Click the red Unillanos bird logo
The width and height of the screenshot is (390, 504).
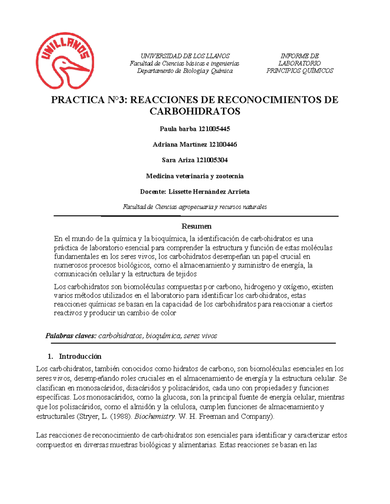click(65, 61)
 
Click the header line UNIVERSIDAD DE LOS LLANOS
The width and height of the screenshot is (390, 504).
click(185, 56)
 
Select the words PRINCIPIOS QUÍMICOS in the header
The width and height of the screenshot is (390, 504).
click(300, 71)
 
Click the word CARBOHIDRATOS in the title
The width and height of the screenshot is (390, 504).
click(195, 111)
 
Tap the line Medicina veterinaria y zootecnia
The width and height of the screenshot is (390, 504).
click(195, 176)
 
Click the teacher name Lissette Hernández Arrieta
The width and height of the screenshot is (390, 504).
click(209, 192)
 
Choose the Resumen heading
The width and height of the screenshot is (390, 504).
click(196, 226)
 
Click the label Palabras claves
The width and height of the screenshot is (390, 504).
click(71, 336)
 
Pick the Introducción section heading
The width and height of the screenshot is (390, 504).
click(80, 356)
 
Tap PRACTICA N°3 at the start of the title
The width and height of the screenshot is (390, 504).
click(89, 100)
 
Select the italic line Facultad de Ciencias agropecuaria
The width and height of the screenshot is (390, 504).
click(195, 207)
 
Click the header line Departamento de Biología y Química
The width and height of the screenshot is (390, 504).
click(185, 71)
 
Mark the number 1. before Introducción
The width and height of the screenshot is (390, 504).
click(50, 356)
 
